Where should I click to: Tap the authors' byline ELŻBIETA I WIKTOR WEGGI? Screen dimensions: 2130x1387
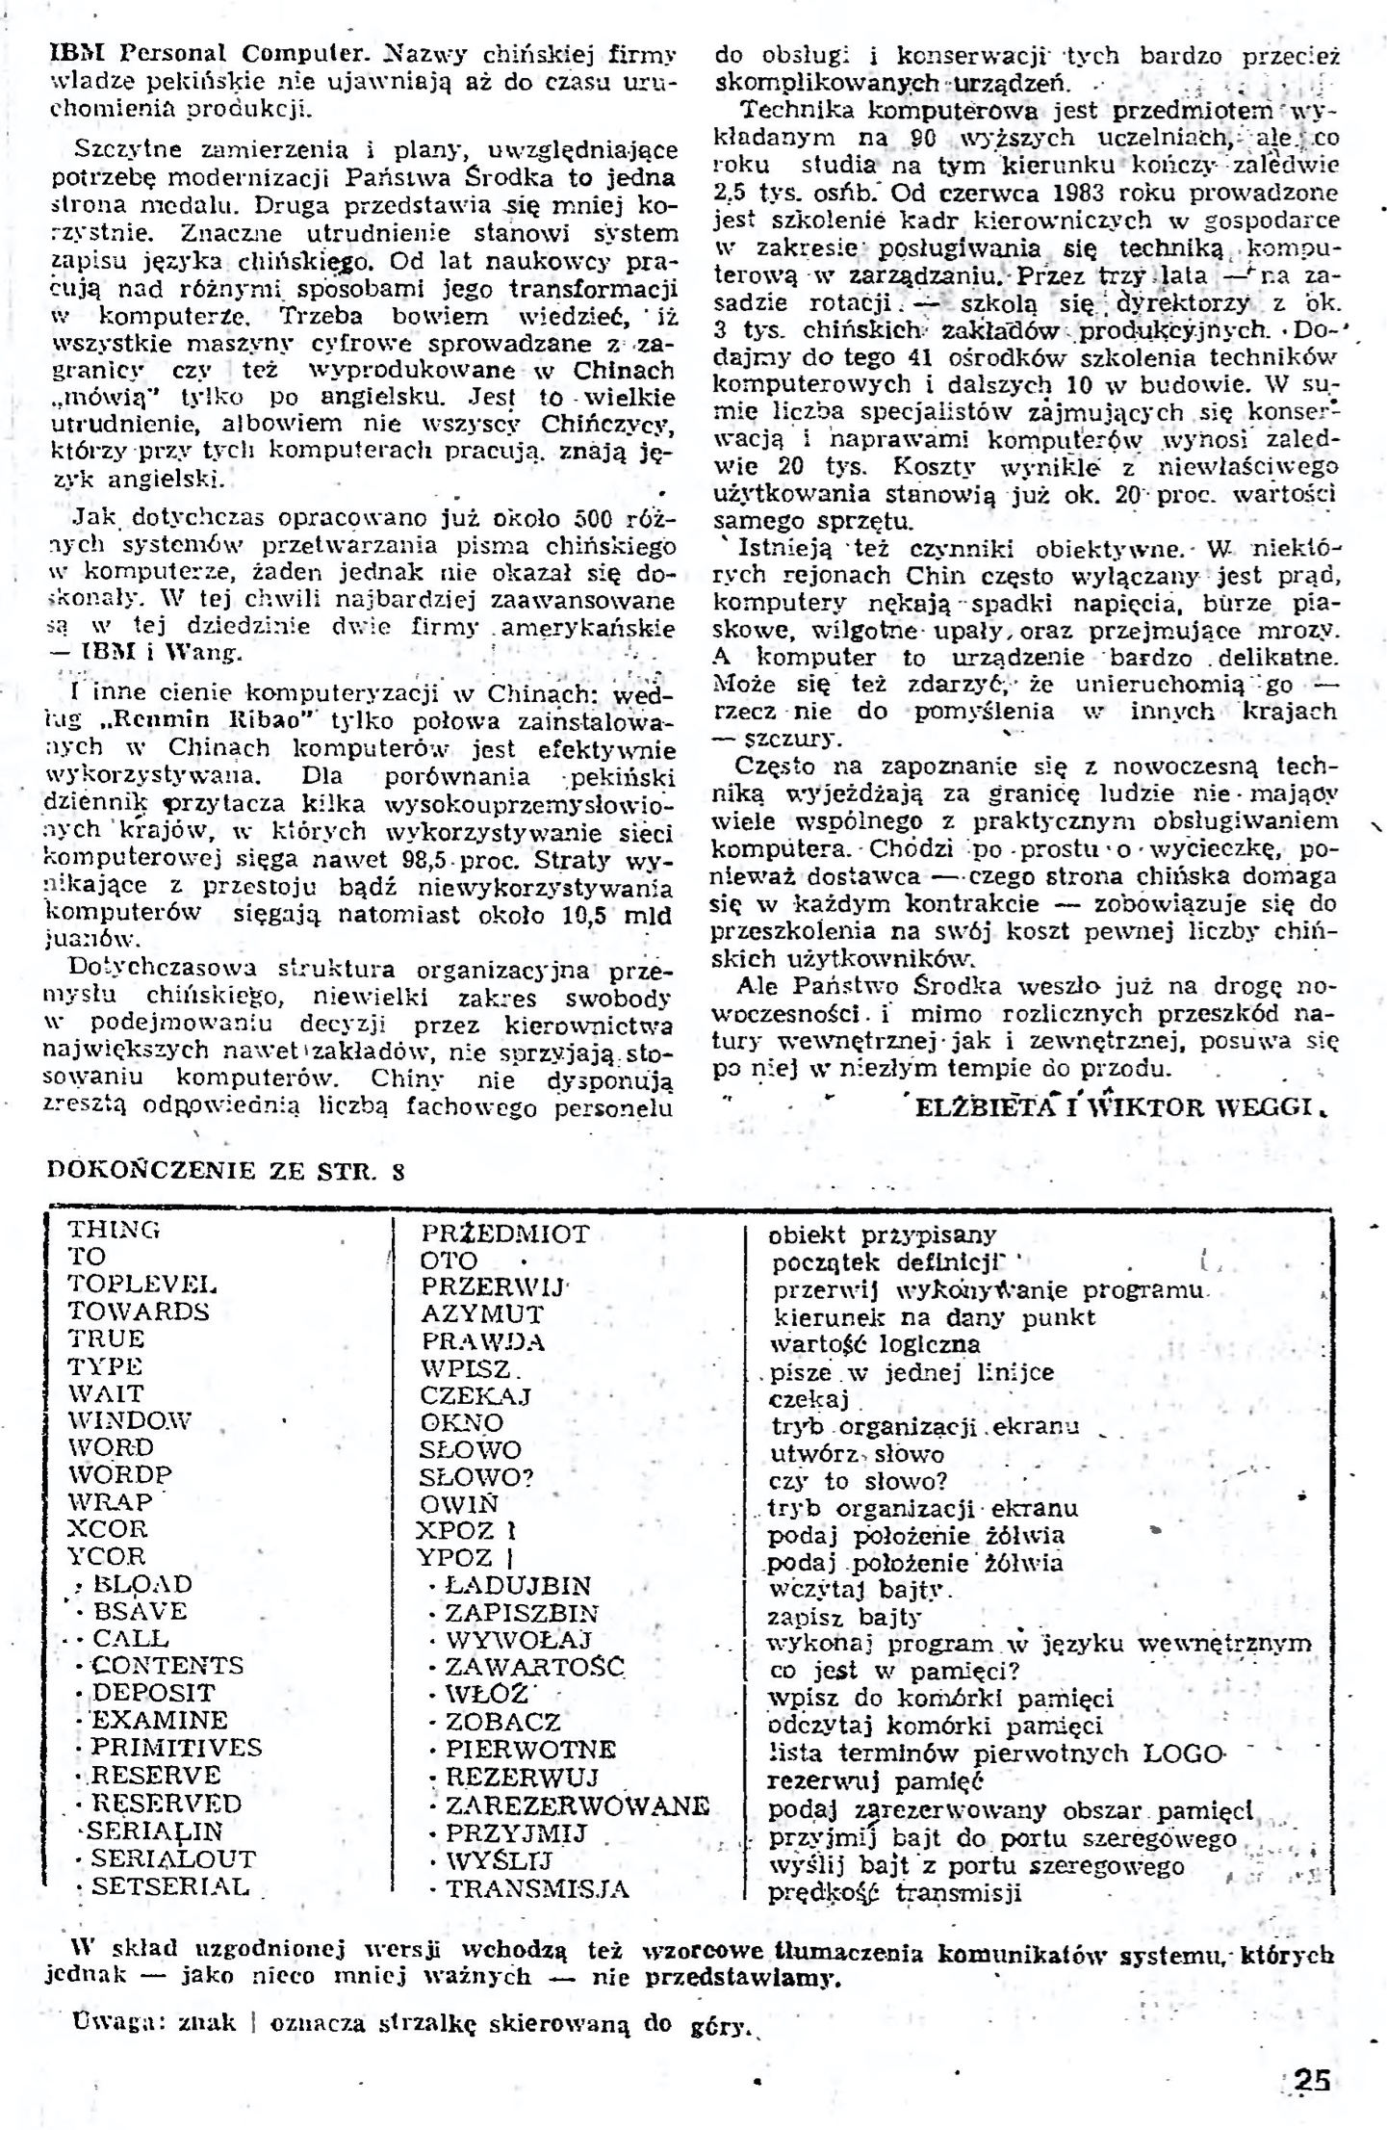pos(1112,1106)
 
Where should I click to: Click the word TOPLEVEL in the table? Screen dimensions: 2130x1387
pos(142,1285)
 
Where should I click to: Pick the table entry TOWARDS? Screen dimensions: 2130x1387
pos(139,1312)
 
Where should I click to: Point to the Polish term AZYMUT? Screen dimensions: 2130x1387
pos(482,1314)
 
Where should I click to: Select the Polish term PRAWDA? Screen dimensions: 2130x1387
pos(482,1341)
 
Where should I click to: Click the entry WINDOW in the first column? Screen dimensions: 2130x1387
pos(130,1420)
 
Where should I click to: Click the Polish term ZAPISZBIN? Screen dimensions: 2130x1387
pos(521,1613)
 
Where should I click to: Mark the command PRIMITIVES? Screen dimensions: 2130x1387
pos(176,1748)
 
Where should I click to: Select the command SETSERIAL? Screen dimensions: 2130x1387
pos(170,1885)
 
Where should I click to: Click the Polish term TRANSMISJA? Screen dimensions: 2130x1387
pos(536,1888)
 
